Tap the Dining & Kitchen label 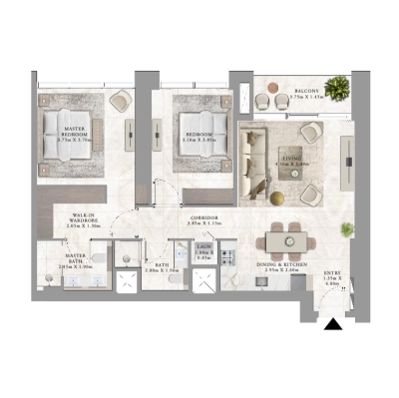[x=279, y=264]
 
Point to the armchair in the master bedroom [x=124, y=101]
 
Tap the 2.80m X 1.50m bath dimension [x=161, y=270]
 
